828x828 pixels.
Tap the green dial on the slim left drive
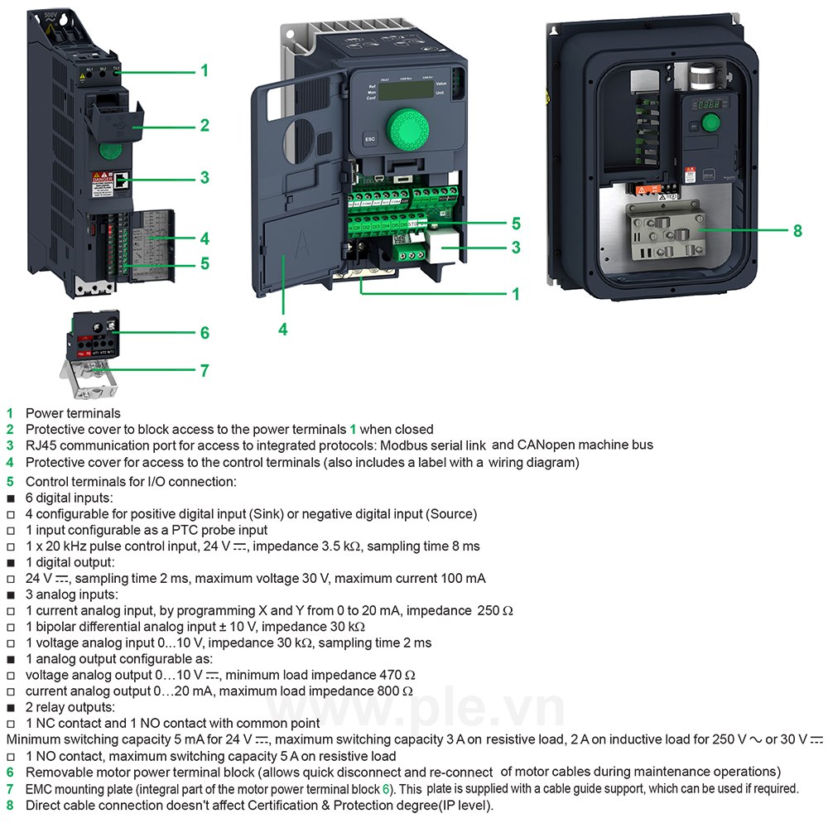click(x=109, y=150)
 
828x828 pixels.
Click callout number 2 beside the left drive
click(x=204, y=126)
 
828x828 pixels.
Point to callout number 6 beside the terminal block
click(x=204, y=333)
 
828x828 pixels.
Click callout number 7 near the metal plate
click(x=204, y=370)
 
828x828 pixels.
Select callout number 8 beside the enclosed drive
click(x=797, y=231)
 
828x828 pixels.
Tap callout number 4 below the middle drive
click(x=282, y=329)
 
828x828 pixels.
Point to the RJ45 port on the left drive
click(x=121, y=179)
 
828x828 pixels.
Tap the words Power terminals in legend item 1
click(x=73, y=413)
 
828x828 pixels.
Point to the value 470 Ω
click(x=398, y=675)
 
